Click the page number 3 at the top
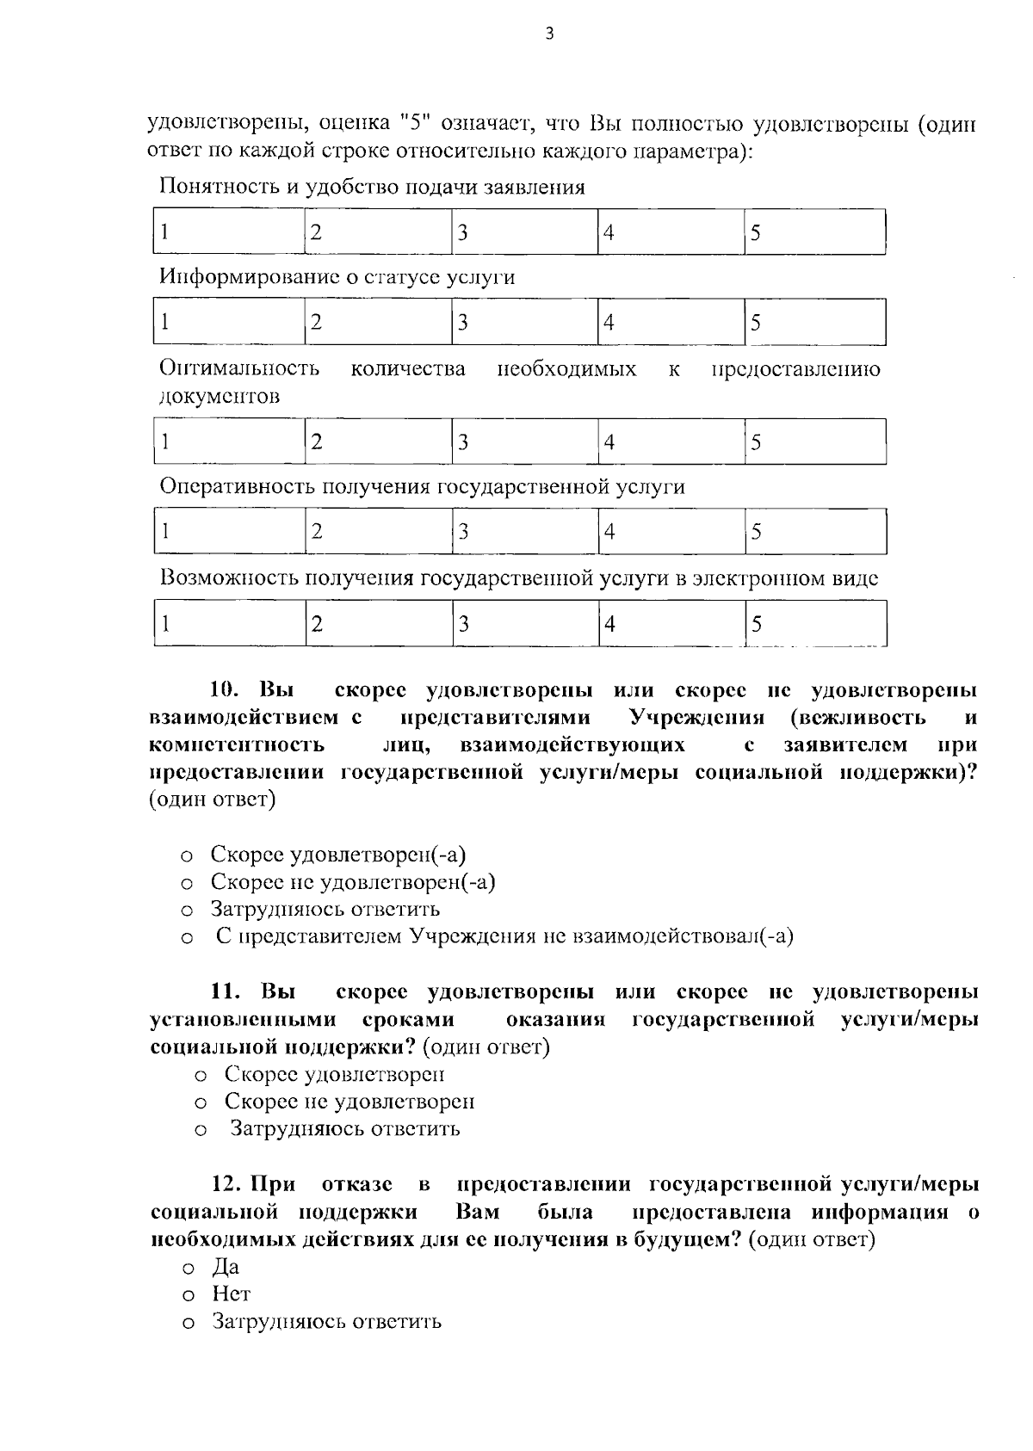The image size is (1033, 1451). [550, 34]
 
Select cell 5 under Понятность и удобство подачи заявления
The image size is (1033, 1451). [814, 232]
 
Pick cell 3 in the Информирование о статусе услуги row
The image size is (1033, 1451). [524, 322]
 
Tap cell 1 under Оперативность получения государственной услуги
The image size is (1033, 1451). [229, 531]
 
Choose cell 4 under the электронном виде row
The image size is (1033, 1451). [671, 624]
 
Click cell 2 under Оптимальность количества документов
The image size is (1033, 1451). [379, 441]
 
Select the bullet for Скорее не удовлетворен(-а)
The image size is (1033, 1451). [186, 884]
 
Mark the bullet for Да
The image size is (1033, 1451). [187, 1269]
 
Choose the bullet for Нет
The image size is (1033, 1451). [187, 1296]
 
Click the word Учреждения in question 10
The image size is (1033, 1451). [697, 717]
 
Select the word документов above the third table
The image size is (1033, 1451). [220, 397]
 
